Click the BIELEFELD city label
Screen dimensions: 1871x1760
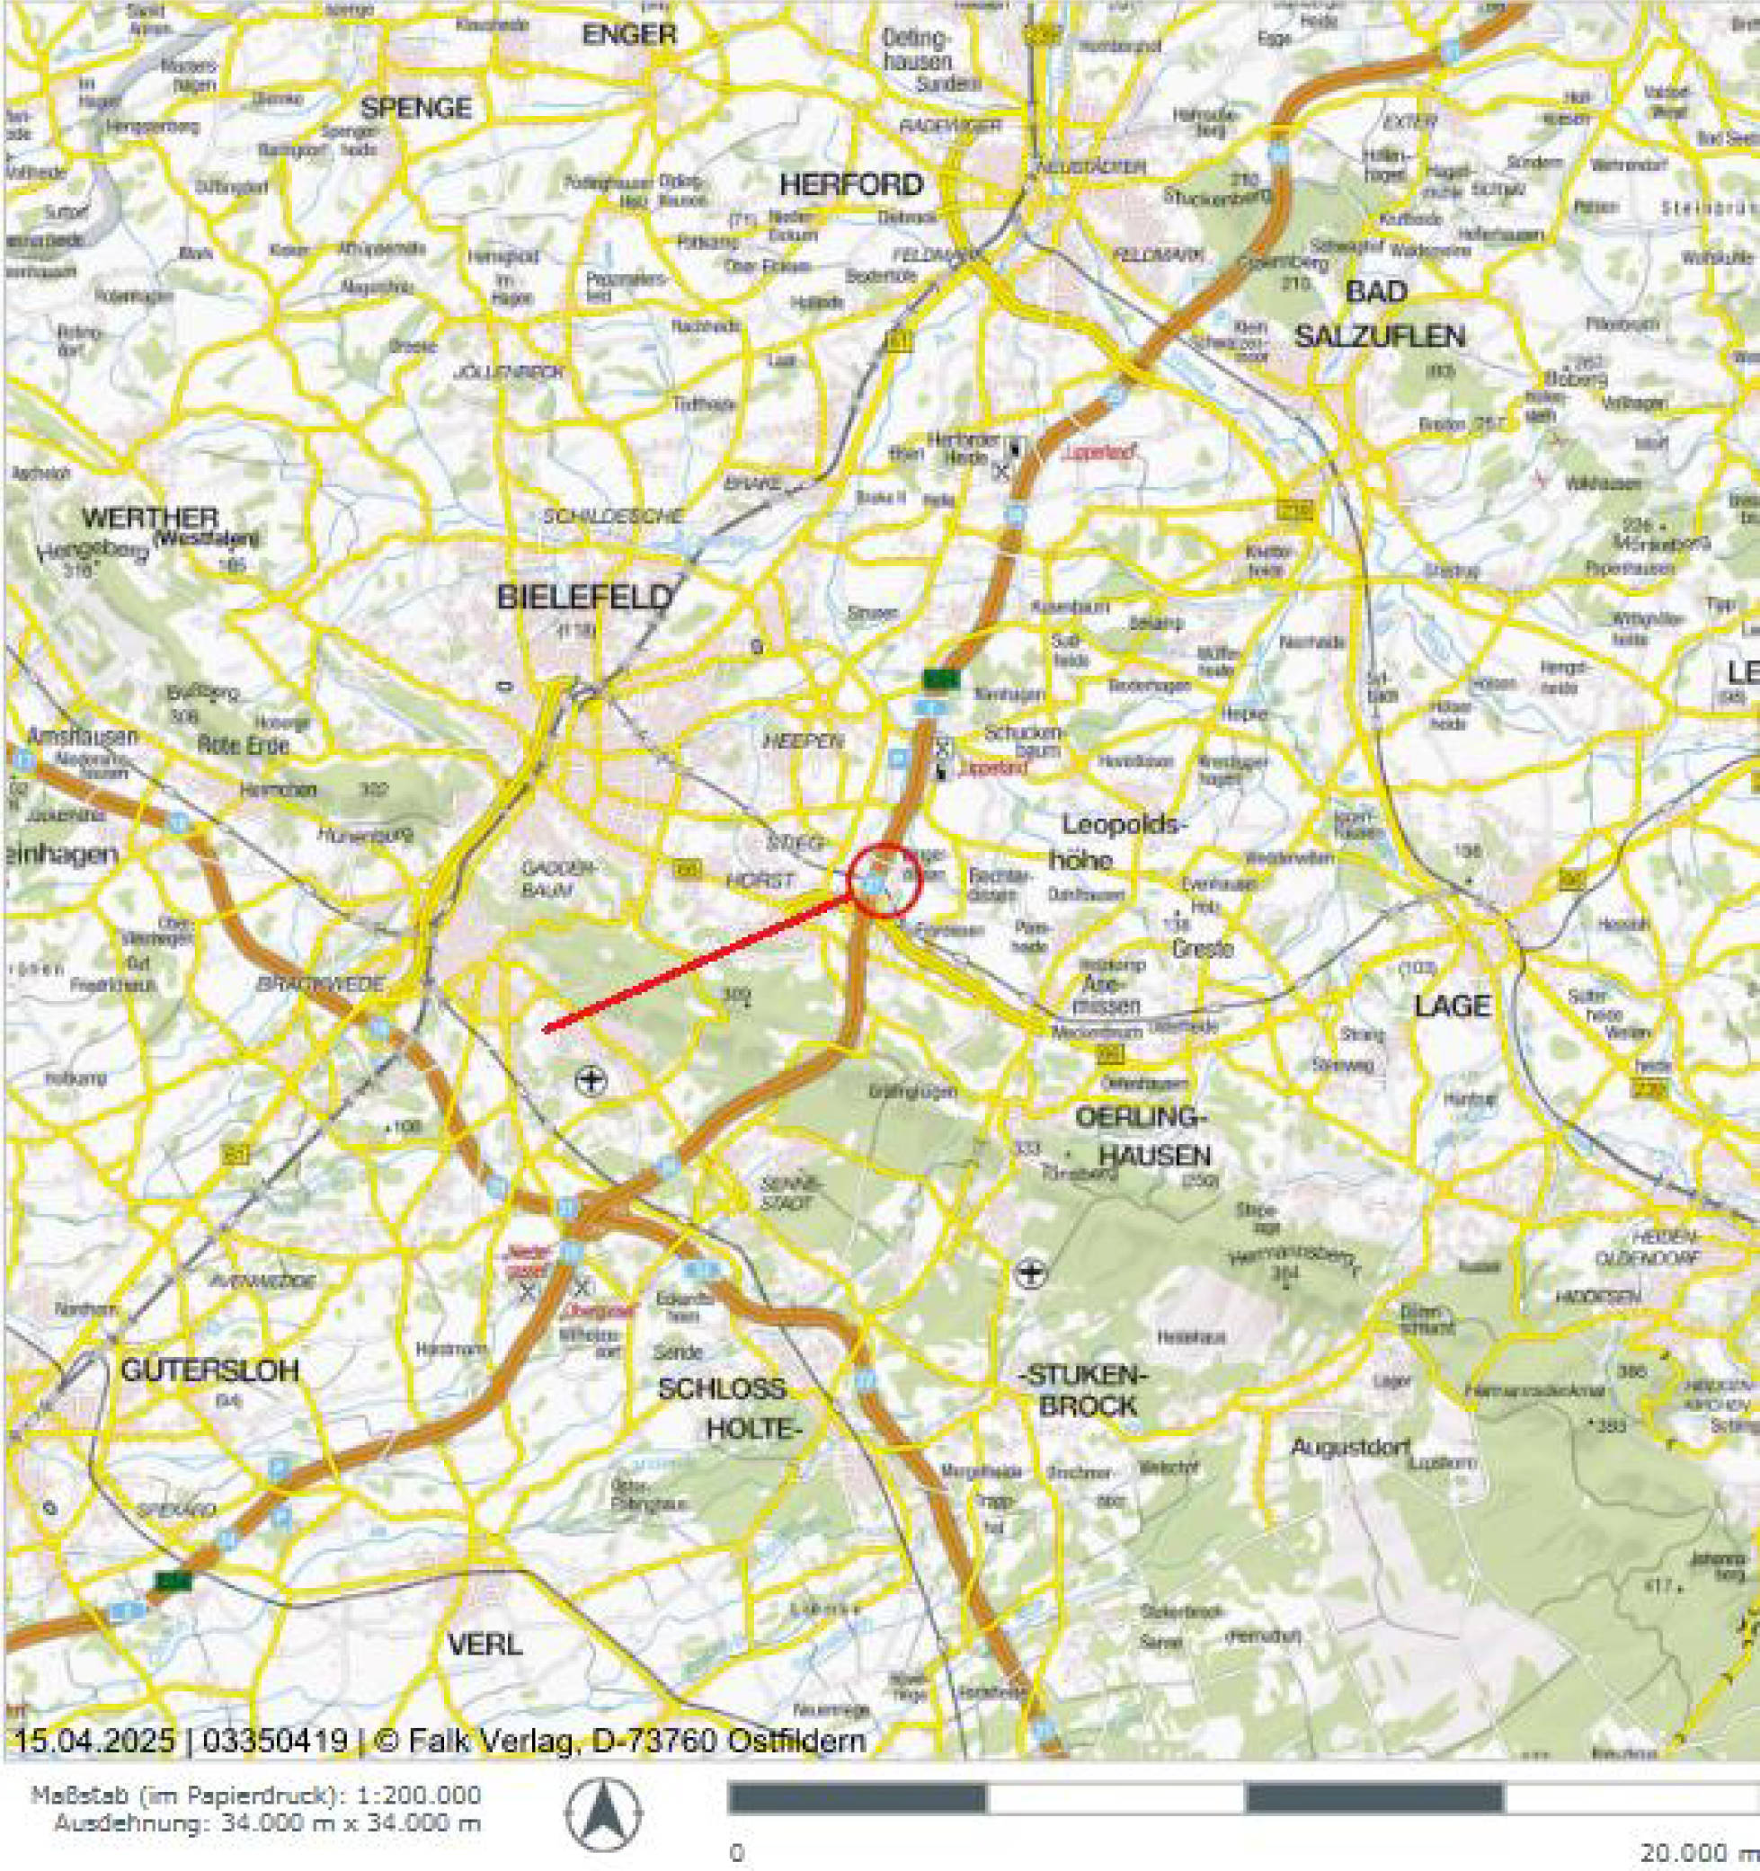click(x=584, y=598)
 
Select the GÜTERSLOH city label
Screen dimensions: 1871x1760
click(x=209, y=1370)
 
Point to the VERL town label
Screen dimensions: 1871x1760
click(x=484, y=1645)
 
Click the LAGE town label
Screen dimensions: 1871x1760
click(x=1453, y=1007)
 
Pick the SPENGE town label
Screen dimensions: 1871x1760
click(x=416, y=108)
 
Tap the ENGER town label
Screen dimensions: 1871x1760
click(x=629, y=36)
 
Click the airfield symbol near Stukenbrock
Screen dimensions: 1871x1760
click(x=1033, y=1274)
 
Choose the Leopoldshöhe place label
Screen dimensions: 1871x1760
click(x=1120, y=840)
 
